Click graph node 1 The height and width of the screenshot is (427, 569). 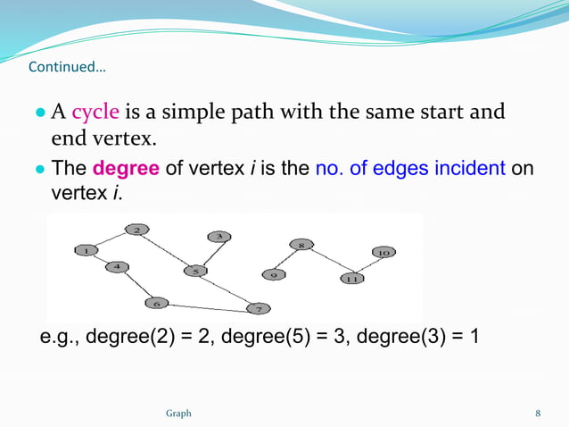tap(87, 251)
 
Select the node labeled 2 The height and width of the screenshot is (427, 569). tap(136, 230)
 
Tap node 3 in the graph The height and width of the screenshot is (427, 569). tap(219, 236)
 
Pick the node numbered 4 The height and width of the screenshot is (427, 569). tap(117, 266)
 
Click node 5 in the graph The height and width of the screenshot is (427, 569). tap(194, 270)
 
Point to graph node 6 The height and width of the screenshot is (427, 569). tap(157, 303)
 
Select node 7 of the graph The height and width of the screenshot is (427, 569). tap(258, 309)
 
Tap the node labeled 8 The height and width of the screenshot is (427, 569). tap(301, 245)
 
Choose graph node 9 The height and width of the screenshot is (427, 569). tap(273, 274)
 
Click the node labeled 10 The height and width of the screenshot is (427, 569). tap(383, 253)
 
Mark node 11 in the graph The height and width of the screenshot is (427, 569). tap(351, 279)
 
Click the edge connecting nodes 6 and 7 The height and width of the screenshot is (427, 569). tap(207, 306)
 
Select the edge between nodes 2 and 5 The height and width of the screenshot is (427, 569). tap(165, 250)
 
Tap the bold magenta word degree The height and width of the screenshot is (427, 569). tap(126, 169)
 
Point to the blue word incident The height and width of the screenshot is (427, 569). tap(470, 169)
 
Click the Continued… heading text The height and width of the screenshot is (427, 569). tap(66, 68)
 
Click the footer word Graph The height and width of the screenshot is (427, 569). tap(178, 414)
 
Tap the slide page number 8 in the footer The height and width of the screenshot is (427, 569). tap(538, 414)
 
